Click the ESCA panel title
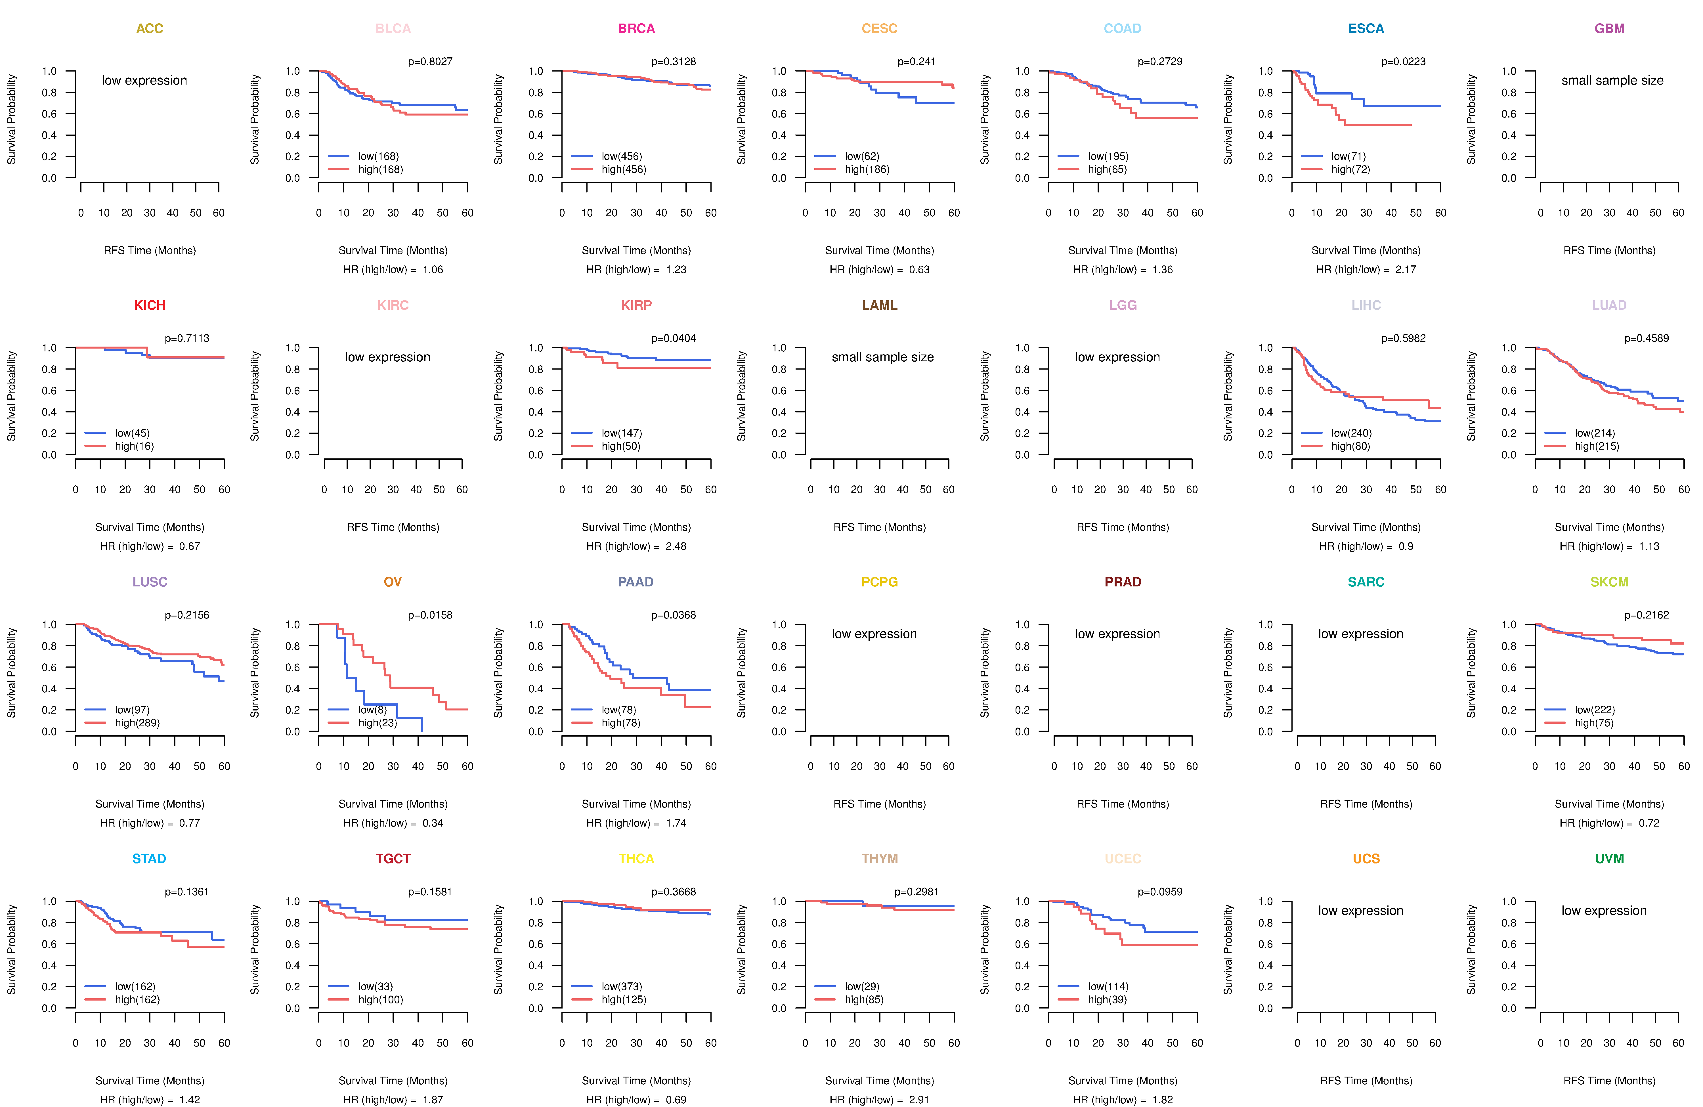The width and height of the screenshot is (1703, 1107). (1365, 29)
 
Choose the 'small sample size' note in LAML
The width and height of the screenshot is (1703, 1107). (882, 357)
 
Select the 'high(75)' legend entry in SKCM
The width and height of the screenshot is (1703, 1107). (1594, 723)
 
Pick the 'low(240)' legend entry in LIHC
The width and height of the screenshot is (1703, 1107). (1351, 433)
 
